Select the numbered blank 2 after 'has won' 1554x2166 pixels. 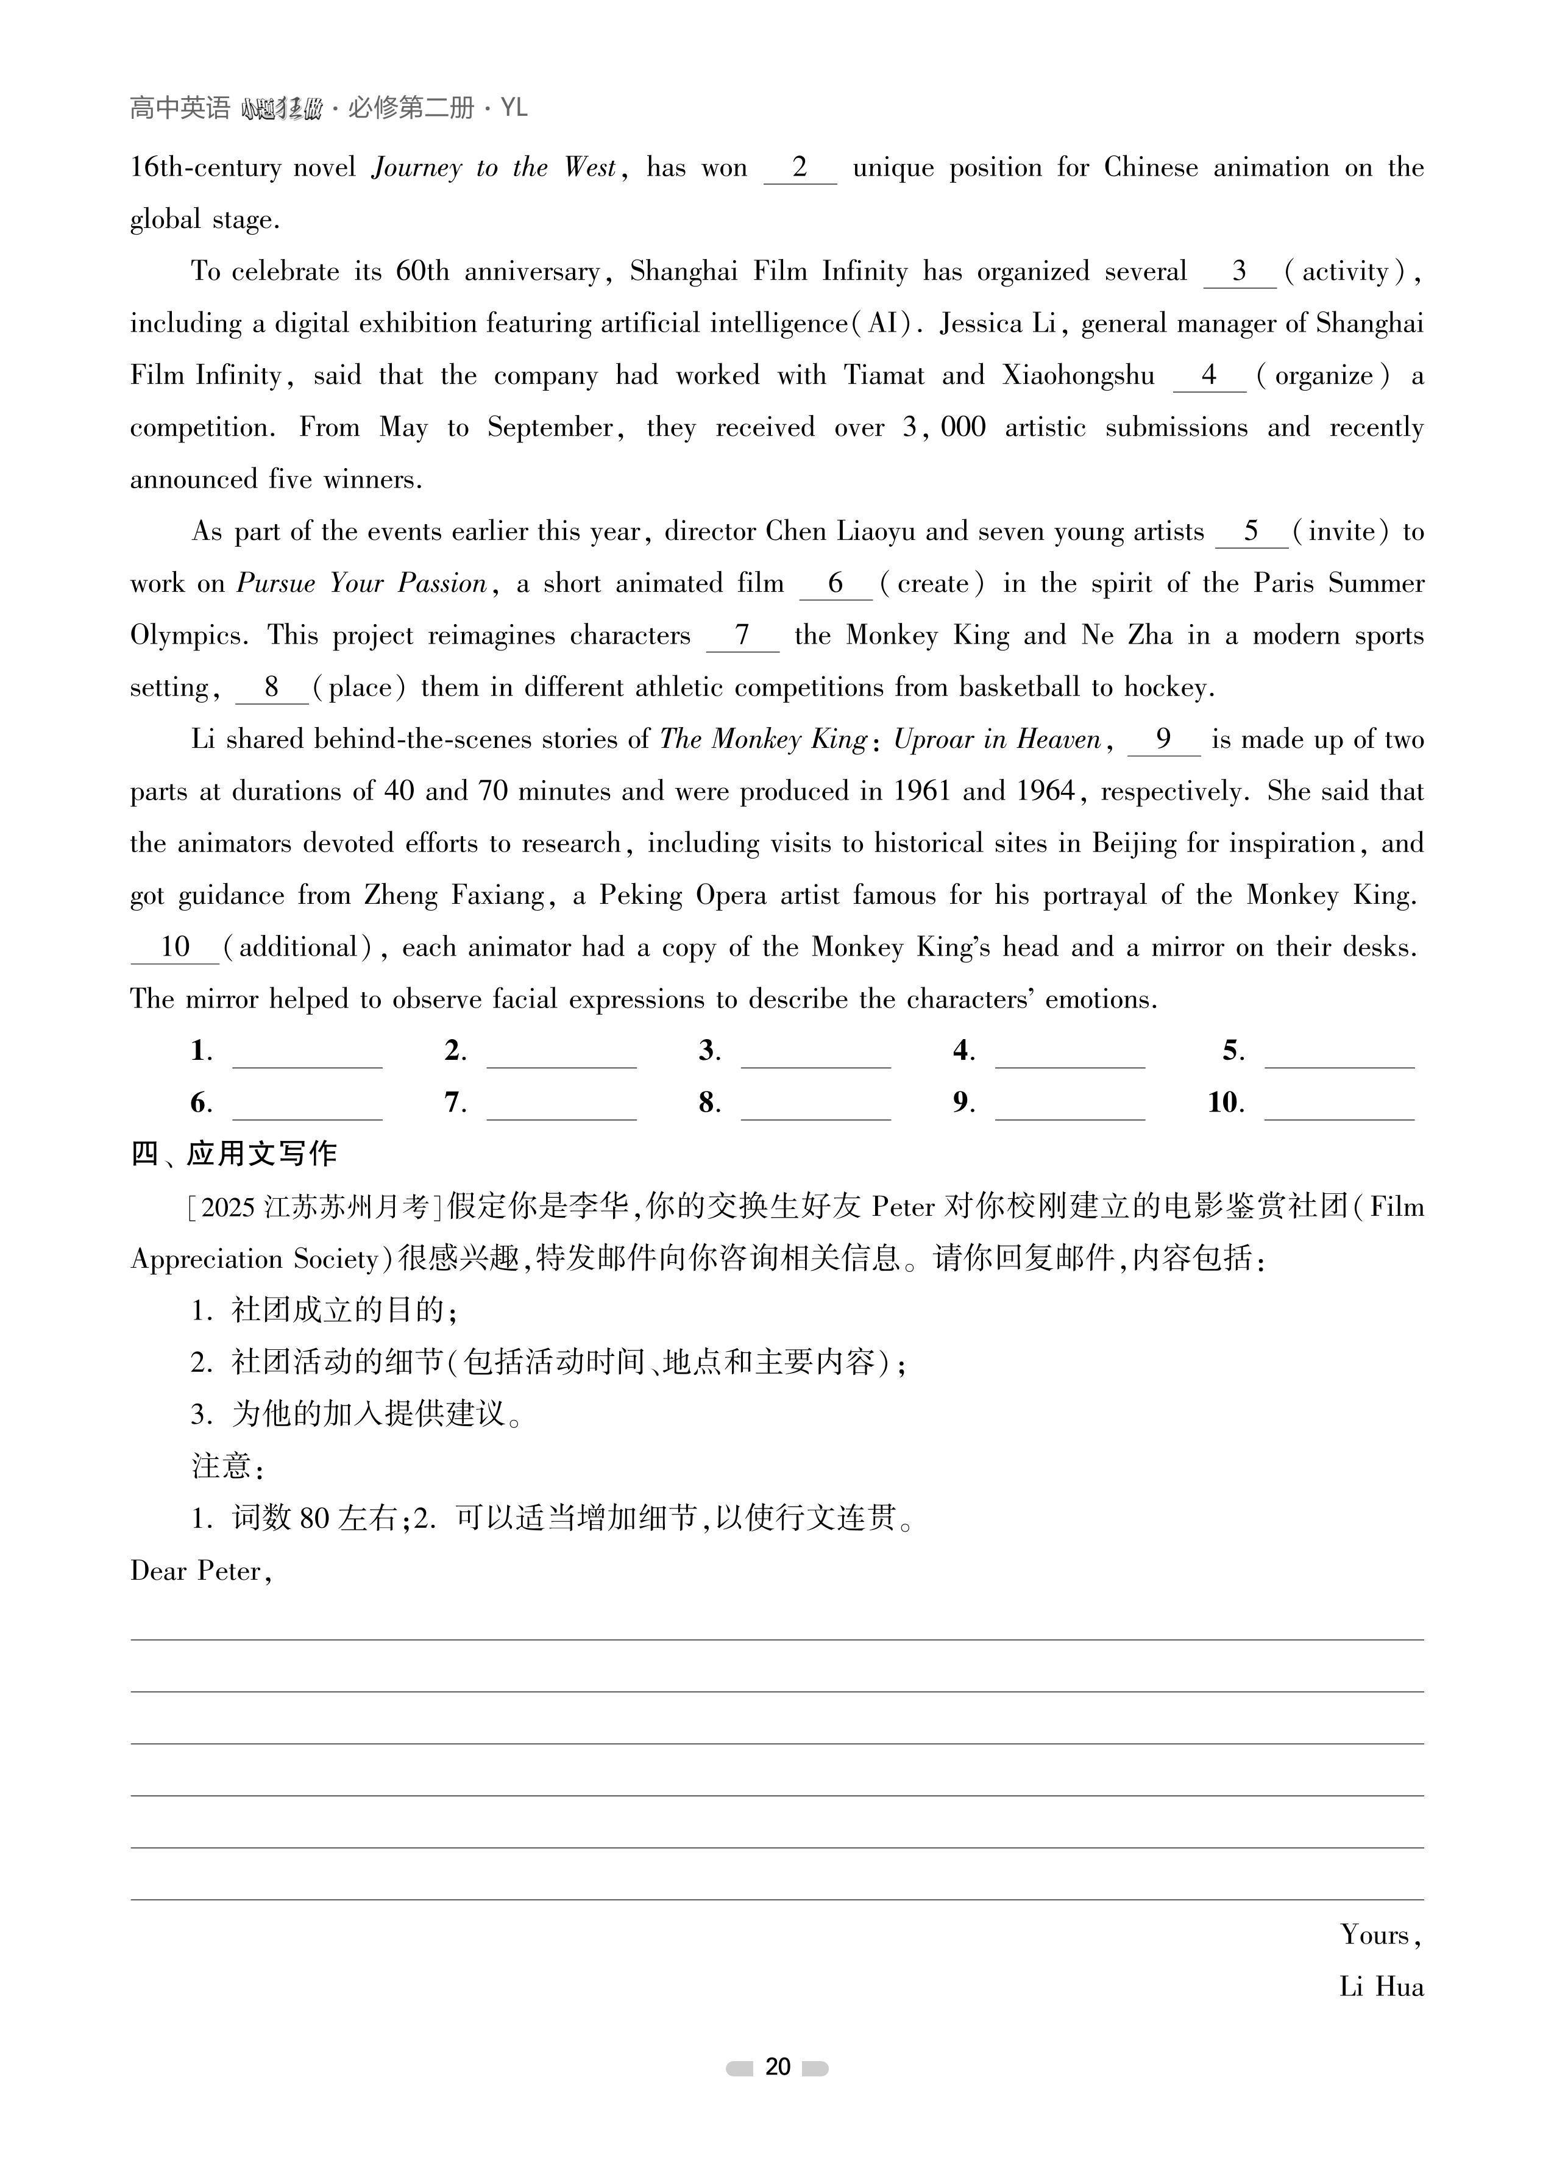(800, 168)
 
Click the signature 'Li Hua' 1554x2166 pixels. (1381, 1987)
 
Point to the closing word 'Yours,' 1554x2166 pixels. (1381, 1935)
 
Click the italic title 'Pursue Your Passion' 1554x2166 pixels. (362, 583)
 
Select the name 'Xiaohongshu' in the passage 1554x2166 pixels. (1078, 376)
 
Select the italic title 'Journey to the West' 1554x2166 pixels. (495, 168)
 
